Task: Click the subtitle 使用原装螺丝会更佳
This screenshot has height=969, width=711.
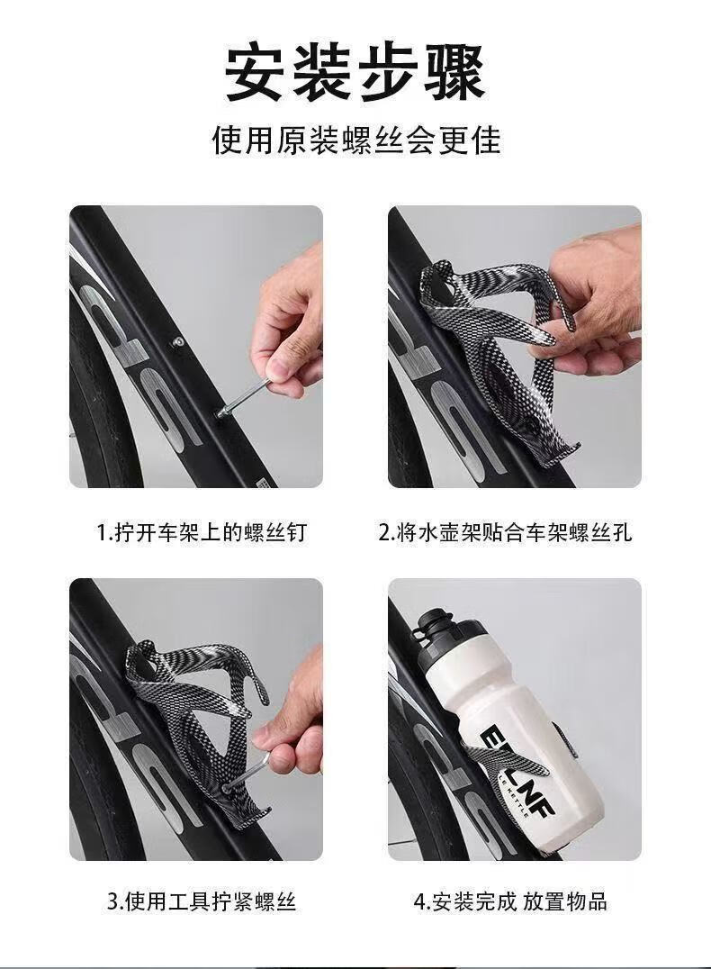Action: coord(355,140)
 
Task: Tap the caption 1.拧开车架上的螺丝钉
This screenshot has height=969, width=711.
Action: coord(202,532)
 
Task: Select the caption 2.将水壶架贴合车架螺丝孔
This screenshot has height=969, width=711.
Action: coord(505,532)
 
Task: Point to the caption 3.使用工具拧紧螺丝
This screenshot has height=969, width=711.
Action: coord(202,901)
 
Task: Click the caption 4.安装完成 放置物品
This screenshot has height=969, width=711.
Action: coord(510,901)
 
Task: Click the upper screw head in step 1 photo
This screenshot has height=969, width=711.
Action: coord(178,341)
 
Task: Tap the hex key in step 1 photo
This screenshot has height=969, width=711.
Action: coord(244,399)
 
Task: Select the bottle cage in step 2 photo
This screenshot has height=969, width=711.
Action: coord(488,346)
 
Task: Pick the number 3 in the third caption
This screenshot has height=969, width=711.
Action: coord(112,902)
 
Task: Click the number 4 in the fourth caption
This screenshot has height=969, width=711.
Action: coord(419,902)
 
